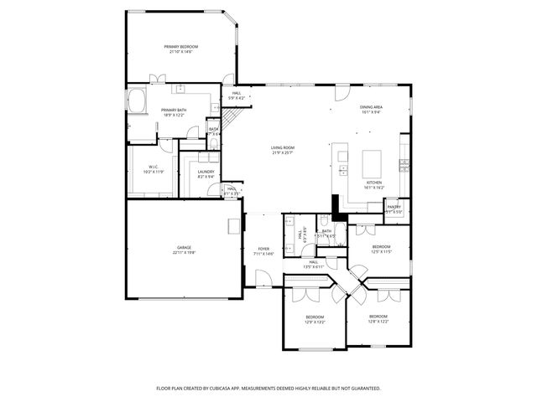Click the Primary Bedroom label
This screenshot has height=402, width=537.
pos(180,49)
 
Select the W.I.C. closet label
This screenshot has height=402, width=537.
pos(154,169)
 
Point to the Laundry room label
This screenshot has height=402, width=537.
pos(206,174)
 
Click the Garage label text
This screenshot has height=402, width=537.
pos(184,250)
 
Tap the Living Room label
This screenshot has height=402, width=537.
pos(282,150)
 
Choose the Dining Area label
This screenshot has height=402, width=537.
pos(372,109)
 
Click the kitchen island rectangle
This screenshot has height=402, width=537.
pos(373,160)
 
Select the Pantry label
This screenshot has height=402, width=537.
pos(394,209)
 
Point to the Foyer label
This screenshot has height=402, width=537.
pos(263,250)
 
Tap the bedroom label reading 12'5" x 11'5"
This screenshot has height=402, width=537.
pos(381,249)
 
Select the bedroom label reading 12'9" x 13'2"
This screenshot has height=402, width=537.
pos(315,318)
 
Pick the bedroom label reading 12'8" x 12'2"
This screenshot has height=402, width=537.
pos(377,318)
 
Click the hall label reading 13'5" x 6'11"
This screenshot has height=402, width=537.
pos(313,264)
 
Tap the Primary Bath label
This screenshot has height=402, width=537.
pos(174,112)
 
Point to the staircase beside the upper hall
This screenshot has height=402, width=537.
pos(227,112)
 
